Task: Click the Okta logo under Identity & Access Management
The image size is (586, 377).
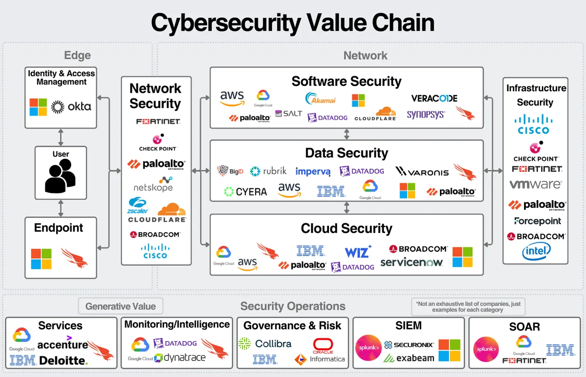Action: click(x=71, y=107)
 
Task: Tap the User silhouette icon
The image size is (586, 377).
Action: click(x=60, y=176)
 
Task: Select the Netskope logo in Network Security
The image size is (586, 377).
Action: click(x=153, y=184)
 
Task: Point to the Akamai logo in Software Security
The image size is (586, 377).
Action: click(x=320, y=99)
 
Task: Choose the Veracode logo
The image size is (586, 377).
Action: click(x=434, y=98)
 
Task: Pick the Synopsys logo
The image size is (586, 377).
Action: click(x=426, y=114)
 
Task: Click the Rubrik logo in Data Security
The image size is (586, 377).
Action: click(x=268, y=171)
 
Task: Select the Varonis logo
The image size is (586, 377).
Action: click(x=422, y=172)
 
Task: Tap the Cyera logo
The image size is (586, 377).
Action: click(x=245, y=192)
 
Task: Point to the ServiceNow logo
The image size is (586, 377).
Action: click(x=412, y=262)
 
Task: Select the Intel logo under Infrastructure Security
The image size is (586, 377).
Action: click(x=537, y=252)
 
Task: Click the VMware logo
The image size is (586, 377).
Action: click(x=535, y=184)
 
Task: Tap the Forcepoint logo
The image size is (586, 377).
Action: click(x=538, y=221)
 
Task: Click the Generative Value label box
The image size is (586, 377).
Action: click(x=120, y=306)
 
